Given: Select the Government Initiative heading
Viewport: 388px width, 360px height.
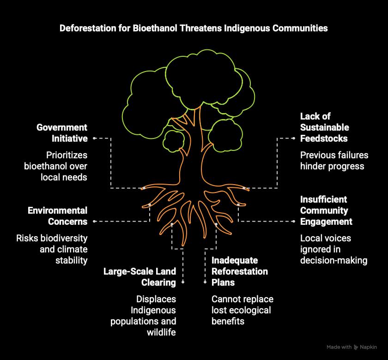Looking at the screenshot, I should pyautogui.click(x=62, y=133).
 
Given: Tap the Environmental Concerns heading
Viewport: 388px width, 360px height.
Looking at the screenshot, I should pyautogui.click(x=57, y=216).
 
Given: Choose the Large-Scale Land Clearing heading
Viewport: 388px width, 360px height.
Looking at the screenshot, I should pyautogui.click(x=139, y=277).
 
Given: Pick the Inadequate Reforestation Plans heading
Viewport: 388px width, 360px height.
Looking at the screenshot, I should pyautogui.click(x=239, y=271).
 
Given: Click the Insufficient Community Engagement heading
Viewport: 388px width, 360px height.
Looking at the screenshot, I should pyautogui.click(x=326, y=210).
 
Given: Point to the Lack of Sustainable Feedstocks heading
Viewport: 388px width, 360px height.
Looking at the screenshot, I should pyautogui.click(x=324, y=127).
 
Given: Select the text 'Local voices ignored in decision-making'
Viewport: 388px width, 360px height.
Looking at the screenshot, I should pyautogui.click(x=333, y=249).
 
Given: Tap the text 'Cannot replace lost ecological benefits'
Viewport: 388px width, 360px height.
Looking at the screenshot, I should pyautogui.click(x=242, y=310).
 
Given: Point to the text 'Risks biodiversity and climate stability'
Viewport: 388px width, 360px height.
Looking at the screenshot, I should pyautogui.click(x=52, y=249).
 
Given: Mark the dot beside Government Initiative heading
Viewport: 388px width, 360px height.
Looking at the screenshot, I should pyautogui.click(x=94, y=138).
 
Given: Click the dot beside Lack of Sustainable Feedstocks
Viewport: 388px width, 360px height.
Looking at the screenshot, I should pyautogui.click(x=294, y=138).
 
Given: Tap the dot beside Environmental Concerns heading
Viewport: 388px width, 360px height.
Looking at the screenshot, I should pyautogui.click(x=94, y=222).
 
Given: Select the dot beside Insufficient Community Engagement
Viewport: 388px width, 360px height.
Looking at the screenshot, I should pyautogui.click(x=294, y=222).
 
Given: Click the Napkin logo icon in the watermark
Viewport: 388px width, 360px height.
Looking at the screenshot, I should pyautogui.click(x=356, y=348).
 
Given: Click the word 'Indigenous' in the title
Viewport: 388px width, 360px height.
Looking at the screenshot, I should pyautogui.click(x=246, y=28).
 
